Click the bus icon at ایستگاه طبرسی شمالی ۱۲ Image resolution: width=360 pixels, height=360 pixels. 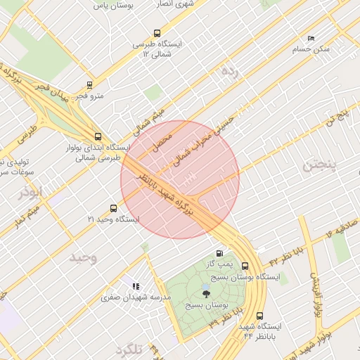click(x=156, y=32)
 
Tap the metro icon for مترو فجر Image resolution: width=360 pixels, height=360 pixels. click(x=89, y=84)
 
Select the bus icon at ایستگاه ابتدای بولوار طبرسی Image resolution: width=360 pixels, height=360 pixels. click(x=98, y=136)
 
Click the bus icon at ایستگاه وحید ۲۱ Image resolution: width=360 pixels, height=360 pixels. click(x=113, y=208)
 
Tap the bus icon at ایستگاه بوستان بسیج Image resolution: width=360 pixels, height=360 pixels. click(x=245, y=266)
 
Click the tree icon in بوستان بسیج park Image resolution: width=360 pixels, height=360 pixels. click(x=206, y=294)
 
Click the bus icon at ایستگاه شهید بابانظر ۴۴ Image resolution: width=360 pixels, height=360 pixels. click(x=260, y=316)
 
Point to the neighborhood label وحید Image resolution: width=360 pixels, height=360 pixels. click(x=83, y=257)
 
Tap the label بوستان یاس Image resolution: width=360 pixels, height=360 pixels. click(x=116, y=5)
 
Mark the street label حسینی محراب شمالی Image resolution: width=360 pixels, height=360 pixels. click(x=212, y=138)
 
